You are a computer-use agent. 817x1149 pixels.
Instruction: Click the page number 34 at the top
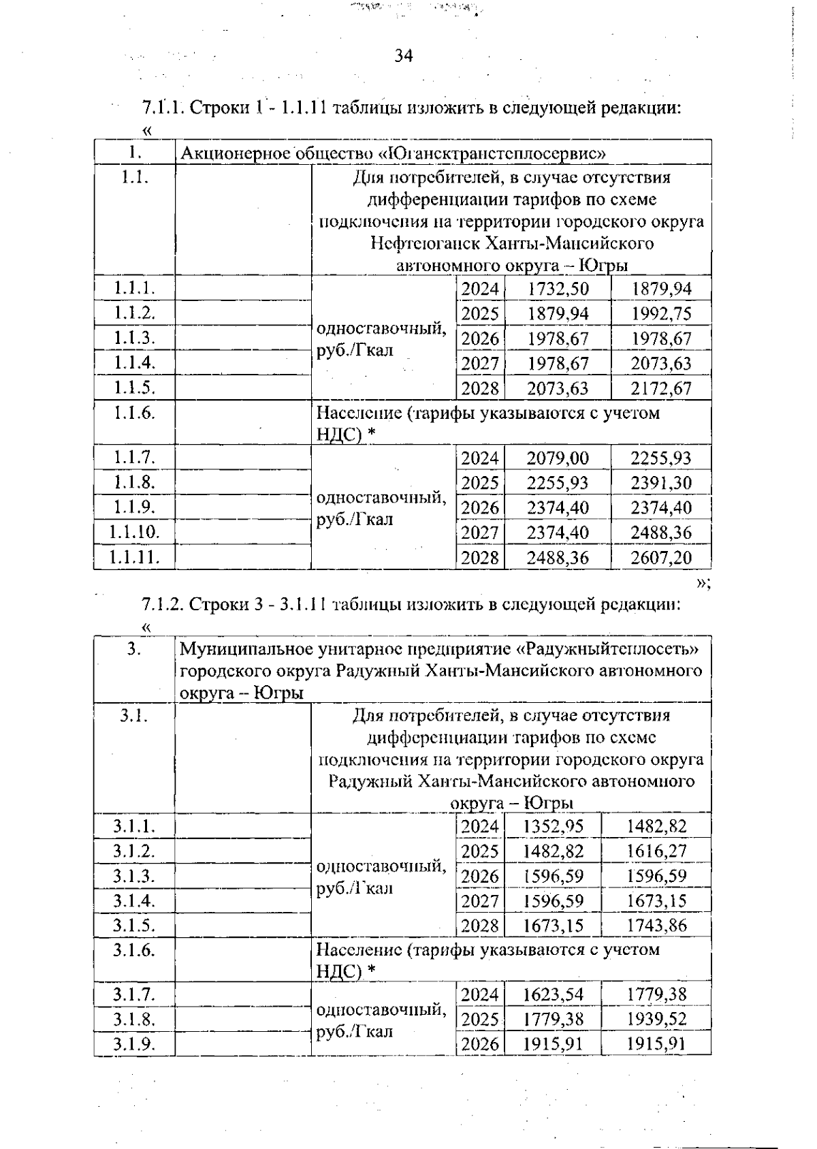[x=403, y=56]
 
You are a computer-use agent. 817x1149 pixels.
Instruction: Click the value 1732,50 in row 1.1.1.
[x=558, y=289]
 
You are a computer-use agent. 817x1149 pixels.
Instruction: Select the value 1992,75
[x=661, y=314]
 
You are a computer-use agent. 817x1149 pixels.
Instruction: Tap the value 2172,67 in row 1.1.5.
[x=661, y=389]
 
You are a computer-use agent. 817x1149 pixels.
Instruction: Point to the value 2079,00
[x=558, y=458]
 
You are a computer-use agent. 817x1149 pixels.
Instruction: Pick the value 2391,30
[x=661, y=483]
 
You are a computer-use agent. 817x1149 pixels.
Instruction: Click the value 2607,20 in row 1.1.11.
[x=661, y=558]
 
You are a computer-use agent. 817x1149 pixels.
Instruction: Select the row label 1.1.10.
[x=134, y=533]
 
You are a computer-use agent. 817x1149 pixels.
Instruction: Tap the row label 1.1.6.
[x=134, y=413]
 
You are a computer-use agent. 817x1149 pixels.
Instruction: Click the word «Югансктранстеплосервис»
[x=496, y=153]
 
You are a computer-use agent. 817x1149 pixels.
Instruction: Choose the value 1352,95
[x=553, y=827]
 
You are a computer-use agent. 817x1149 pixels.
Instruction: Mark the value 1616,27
[x=656, y=851]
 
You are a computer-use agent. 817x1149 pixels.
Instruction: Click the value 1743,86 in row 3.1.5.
[x=656, y=926]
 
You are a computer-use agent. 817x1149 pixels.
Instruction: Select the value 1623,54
[x=553, y=995]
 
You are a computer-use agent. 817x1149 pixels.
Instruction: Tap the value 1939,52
[x=656, y=1020]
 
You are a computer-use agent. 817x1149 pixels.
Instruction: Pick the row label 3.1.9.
[x=134, y=1044]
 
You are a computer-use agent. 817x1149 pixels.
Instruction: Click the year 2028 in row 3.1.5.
[x=480, y=926]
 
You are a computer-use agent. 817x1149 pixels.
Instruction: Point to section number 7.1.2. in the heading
[x=162, y=604]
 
